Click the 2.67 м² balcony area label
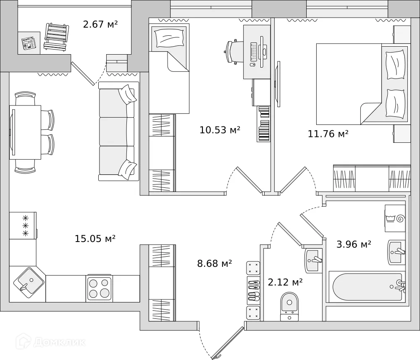click(x=100, y=24)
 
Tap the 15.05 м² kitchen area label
click(x=95, y=239)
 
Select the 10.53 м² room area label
click(x=220, y=130)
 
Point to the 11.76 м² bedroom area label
click(x=328, y=134)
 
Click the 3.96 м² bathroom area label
click(x=354, y=244)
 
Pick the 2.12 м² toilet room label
click(x=285, y=282)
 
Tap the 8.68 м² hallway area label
click(x=215, y=264)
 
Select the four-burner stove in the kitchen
click(x=99, y=288)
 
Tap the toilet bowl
click(x=289, y=305)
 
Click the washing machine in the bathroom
click(x=395, y=218)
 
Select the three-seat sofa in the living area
click(x=118, y=131)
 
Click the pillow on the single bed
click(x=168, y=38)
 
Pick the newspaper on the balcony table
click(x=28, y=43)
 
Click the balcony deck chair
click(x=56, y=37)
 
